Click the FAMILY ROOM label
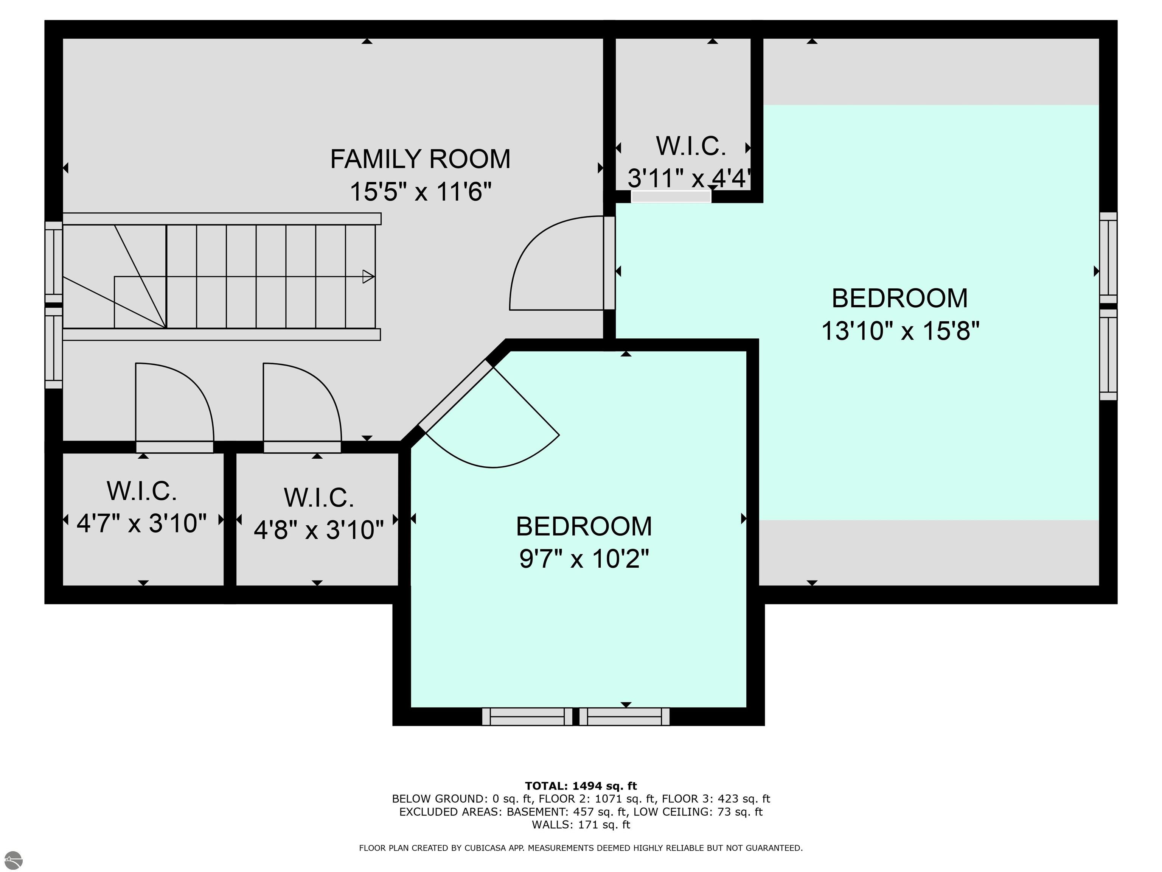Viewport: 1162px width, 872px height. point(420,159)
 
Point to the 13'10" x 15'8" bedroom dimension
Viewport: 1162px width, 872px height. point(900,331)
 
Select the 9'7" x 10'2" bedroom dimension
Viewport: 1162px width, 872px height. point(584,558)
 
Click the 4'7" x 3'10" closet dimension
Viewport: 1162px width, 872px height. point(142,523)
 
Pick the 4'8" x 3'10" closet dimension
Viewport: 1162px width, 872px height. point(318,529)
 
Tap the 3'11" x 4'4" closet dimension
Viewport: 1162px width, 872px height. point(689,179)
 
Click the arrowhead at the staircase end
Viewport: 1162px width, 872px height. point(368,277)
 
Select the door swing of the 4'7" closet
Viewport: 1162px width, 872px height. point(174,402)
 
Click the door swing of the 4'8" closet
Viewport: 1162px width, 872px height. point(302,402)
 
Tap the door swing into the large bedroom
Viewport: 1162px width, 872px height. point(556,263)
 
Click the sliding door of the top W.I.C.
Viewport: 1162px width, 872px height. point(671,196)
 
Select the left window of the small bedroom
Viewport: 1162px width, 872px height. point(527,717)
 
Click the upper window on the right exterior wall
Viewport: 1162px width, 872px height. point(1108,258)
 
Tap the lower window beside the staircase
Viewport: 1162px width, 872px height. point(54,348)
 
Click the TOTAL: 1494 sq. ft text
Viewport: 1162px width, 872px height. point(581,786)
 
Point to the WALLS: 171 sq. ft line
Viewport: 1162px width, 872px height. point(581,825)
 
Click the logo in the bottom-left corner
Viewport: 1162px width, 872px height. point(13,860)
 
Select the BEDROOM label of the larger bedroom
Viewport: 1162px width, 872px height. point(899,298)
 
